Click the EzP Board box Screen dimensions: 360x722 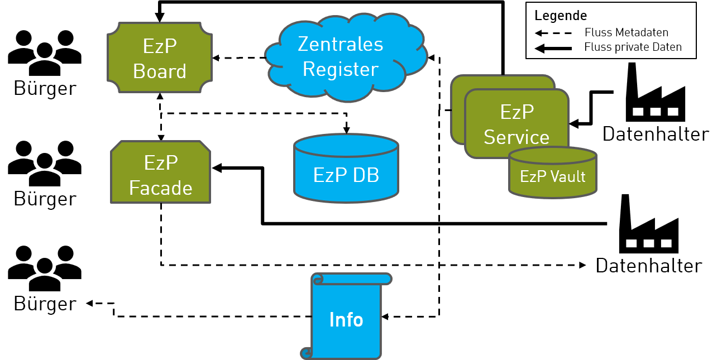pyautogui.click(x=160, y=57)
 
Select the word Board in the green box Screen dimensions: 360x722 pyautogui.click(x=160, y=71)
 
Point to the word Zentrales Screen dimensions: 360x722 pyautogui.click(x=341, y=44)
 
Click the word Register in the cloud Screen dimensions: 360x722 pyautogui.click(x=341, y=69)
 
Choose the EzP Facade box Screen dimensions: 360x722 pyautogui.click(x=161, y=172)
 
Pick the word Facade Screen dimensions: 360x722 pyautogui.click(x=161, y=188)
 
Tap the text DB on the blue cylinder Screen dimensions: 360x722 pyautogui.click(x=365, y=175)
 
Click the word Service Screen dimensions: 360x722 pyautogui.click(x=517, y=137)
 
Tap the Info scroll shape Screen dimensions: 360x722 pyautogui.click(x=346, y=318)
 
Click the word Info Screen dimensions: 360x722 pyautogui.click(x=346, y=320)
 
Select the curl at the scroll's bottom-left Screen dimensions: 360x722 pyautogui.click(x=307, y=353)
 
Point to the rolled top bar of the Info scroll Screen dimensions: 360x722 pyautogui.click(x=352, y=279)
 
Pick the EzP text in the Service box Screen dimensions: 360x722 pyautogui.click(x=517, y=112)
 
